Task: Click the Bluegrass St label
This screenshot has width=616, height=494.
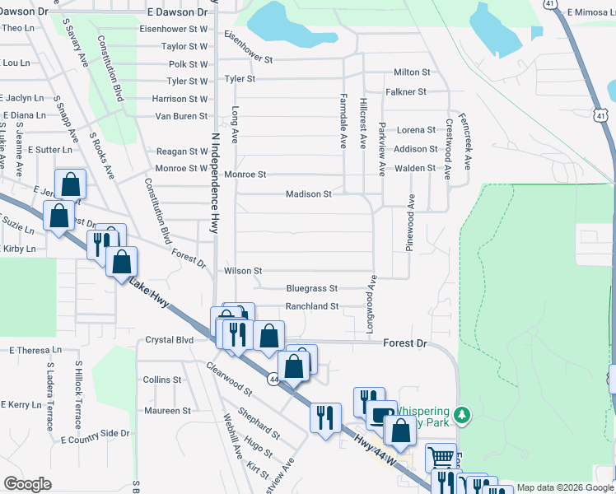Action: (x=311, y=289)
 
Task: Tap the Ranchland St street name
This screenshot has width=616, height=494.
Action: (x=311, y=307)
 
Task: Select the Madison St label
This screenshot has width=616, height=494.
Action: (x=308, y=195)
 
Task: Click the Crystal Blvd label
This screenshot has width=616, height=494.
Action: (x=169, y=340)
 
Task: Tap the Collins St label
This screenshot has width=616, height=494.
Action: (x=161, y=380)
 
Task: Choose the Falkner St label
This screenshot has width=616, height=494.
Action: (x=410, y=92)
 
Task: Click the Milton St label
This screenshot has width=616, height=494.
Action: (x=413, y=72)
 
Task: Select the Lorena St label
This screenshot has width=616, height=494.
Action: (x=416, y=130)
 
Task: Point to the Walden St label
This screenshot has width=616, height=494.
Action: (x=414, y=168)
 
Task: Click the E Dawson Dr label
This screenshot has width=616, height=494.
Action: (x=177, y=12)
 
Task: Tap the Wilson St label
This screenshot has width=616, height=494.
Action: (x=243, y=270)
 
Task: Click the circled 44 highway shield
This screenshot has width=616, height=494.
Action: (x=273, y=379)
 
